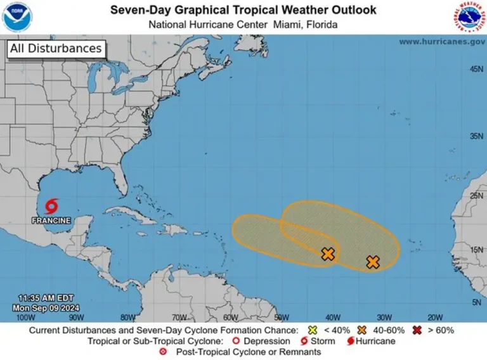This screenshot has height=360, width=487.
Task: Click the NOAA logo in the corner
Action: click(x=17, y=17)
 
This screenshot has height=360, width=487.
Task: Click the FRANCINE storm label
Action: click(x=51, y=221)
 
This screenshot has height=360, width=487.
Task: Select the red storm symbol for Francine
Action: click(x=51, y=206)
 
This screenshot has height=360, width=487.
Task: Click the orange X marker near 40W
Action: click(x=328, y=254)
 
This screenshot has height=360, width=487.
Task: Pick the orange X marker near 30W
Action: click(x=373, y=262)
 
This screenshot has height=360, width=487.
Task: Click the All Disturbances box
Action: click(x=55, y=49)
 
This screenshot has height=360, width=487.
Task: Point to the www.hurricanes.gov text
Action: click(x=442, y=41)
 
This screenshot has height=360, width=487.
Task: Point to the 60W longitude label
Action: click(x=230, y=317)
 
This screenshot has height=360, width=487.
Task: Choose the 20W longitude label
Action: click(x=435, y=317)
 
